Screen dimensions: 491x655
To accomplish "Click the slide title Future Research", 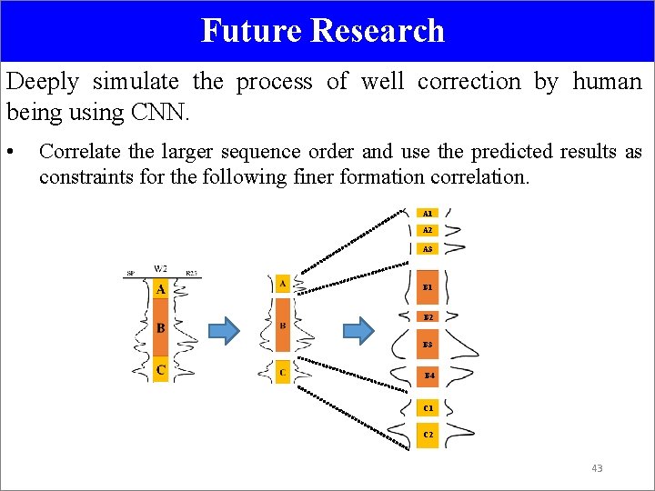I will click(323, 30).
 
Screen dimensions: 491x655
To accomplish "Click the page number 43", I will click(597, 468).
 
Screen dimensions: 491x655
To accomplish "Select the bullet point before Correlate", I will click(10, 152).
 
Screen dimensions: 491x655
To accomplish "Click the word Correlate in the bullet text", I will click(76, 152).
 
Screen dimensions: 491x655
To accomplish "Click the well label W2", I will click(160, 269).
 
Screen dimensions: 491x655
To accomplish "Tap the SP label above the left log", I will click(130, 272).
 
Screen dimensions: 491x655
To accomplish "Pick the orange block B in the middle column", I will click(283, 326).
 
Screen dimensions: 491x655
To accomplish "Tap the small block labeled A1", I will click(428, 213).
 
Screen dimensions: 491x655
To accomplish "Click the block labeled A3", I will click(428, 248).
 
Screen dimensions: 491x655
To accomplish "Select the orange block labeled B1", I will click(428, 287).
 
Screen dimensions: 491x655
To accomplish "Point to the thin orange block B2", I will click(428, 317).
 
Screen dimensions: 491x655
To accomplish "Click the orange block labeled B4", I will click(428, 375).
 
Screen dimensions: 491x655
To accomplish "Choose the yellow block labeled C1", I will click(428, 408).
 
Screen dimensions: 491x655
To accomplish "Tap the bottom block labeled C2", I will click(428, 435).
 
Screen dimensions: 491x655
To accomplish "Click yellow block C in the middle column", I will click(283, 372).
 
